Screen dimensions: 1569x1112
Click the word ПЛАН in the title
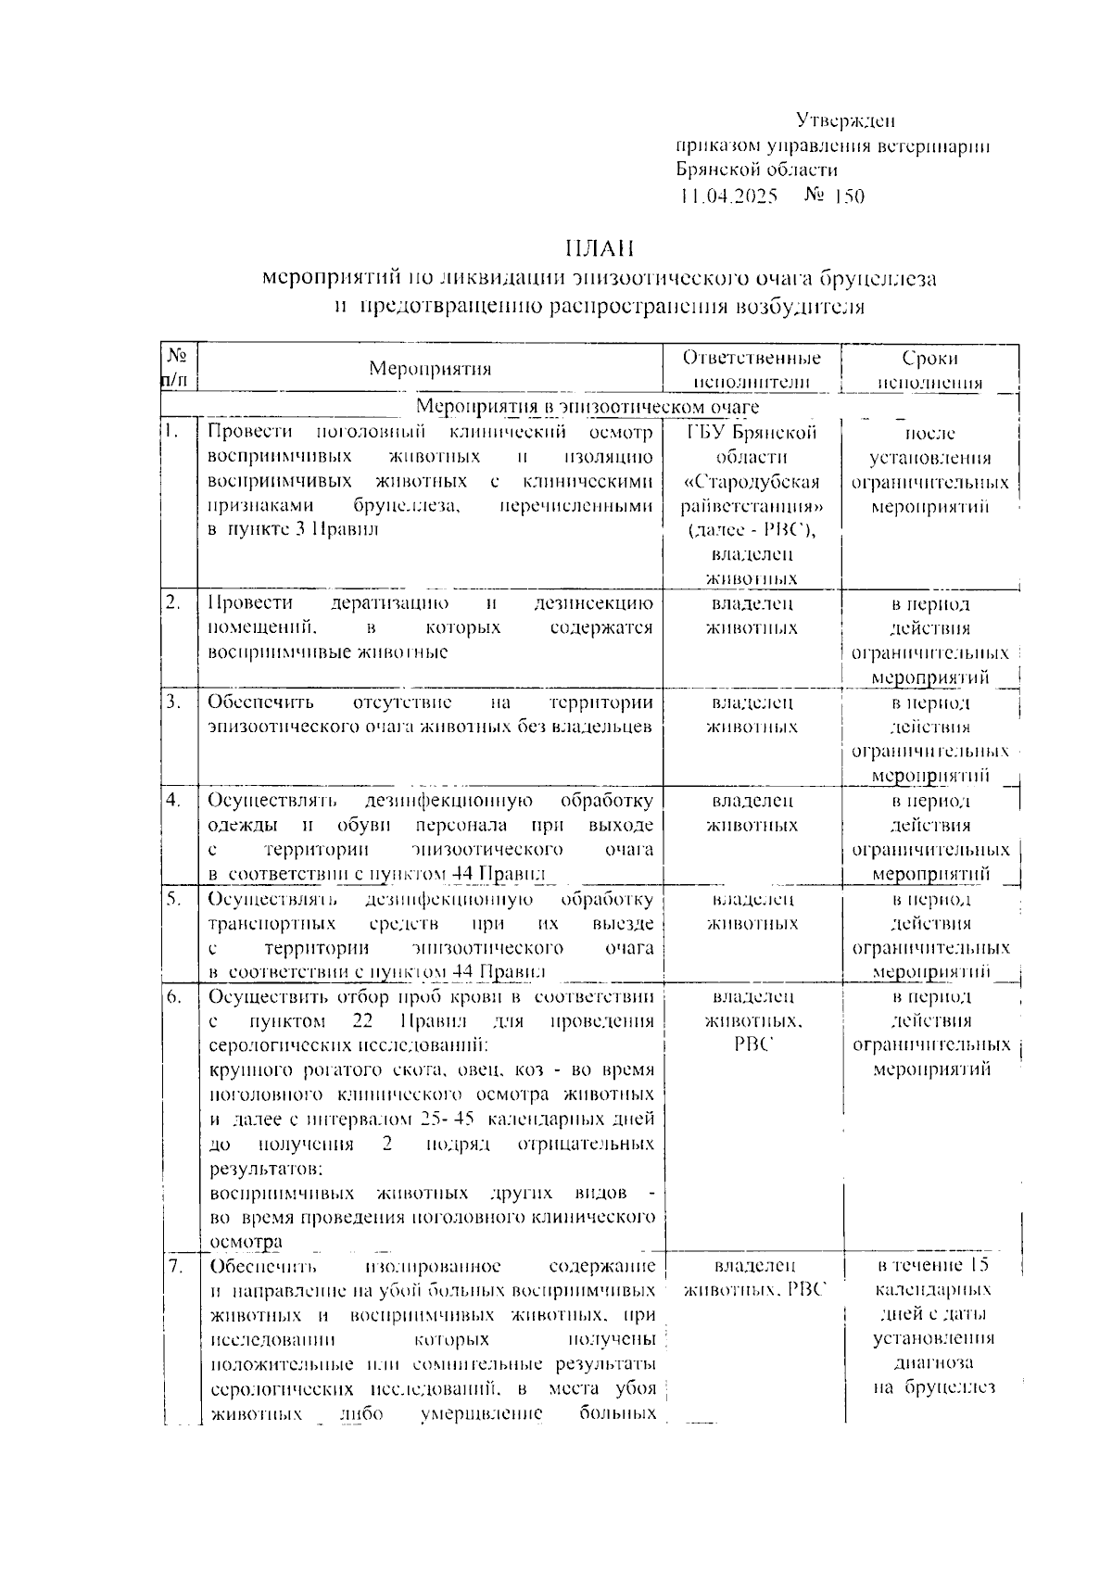pos(599,248)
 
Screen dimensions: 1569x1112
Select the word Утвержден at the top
pos(845,120)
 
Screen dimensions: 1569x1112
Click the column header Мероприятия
pos(430,369)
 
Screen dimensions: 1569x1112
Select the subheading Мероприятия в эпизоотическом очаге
pos(588,407)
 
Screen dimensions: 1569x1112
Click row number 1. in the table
pos(170,430)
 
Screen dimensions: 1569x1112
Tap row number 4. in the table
pos(172,800)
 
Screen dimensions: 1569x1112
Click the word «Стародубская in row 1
pos(752,482)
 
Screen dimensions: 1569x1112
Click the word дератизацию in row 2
pos(390,603)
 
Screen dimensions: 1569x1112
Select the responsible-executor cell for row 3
pos(752,715)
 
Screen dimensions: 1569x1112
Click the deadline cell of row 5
pos(930,935)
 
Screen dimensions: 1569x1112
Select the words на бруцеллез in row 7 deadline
pos(933,1387)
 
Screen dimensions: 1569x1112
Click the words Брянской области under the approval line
pos(757,171)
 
